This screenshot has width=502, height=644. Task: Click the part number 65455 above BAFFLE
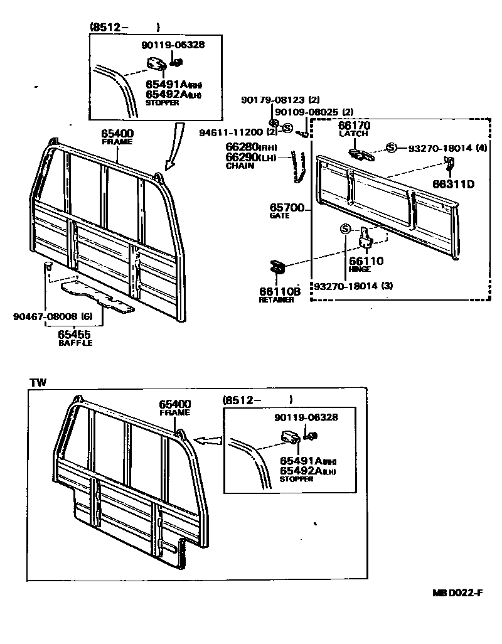click(75, 335)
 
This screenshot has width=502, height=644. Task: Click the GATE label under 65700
click(280, 215)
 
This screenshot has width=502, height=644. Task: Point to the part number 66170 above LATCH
click(355, 126)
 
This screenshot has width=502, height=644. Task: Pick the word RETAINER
click(277, 300)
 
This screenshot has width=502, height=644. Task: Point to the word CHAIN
click(240, 166)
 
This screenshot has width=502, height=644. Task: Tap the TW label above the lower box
click(37, 382)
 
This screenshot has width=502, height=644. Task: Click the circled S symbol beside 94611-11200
click(287, 128)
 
